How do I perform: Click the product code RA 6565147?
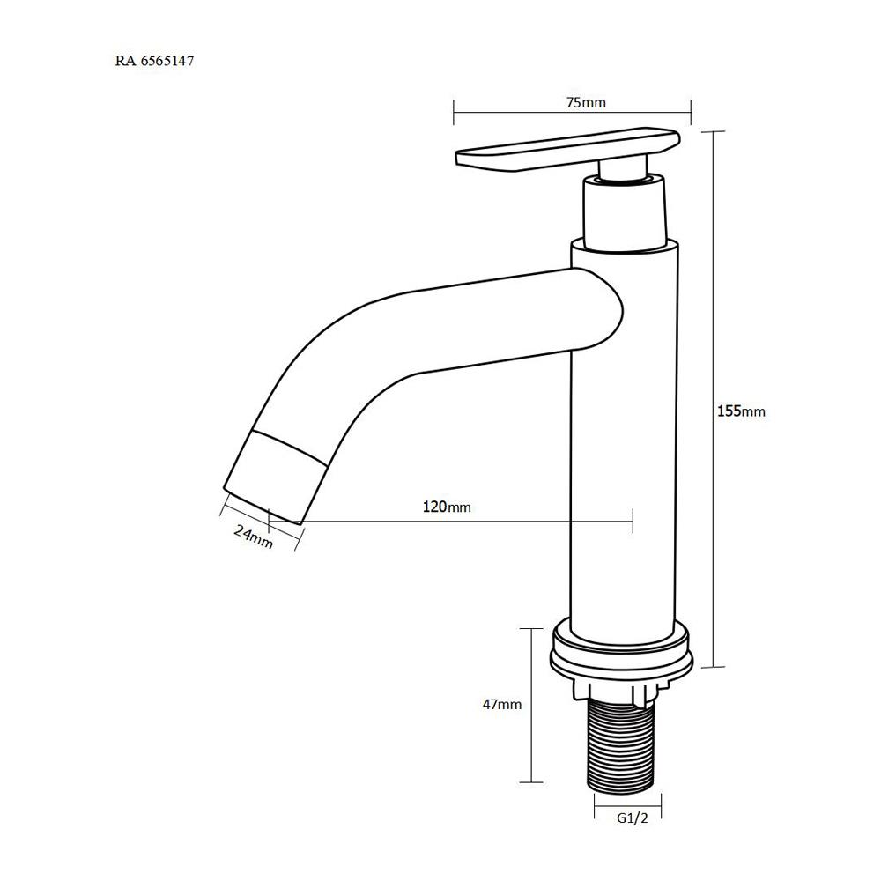pyautogui.click(x=154, y=62)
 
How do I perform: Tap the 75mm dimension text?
pyautogui.click(x=586, y=102)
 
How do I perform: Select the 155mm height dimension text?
pyautogui.click(x=741, y=411)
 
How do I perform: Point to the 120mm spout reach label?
pyautogui.click(x=447, y=507)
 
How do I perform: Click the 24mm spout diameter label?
pyautogui.click(x=254, y=536)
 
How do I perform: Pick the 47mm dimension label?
pyautogui.click(x=502, y=704)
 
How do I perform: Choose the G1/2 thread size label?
pyautogui.click(x=632, y=818)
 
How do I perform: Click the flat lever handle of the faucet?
pyautogui.click(x=567, y=149)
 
